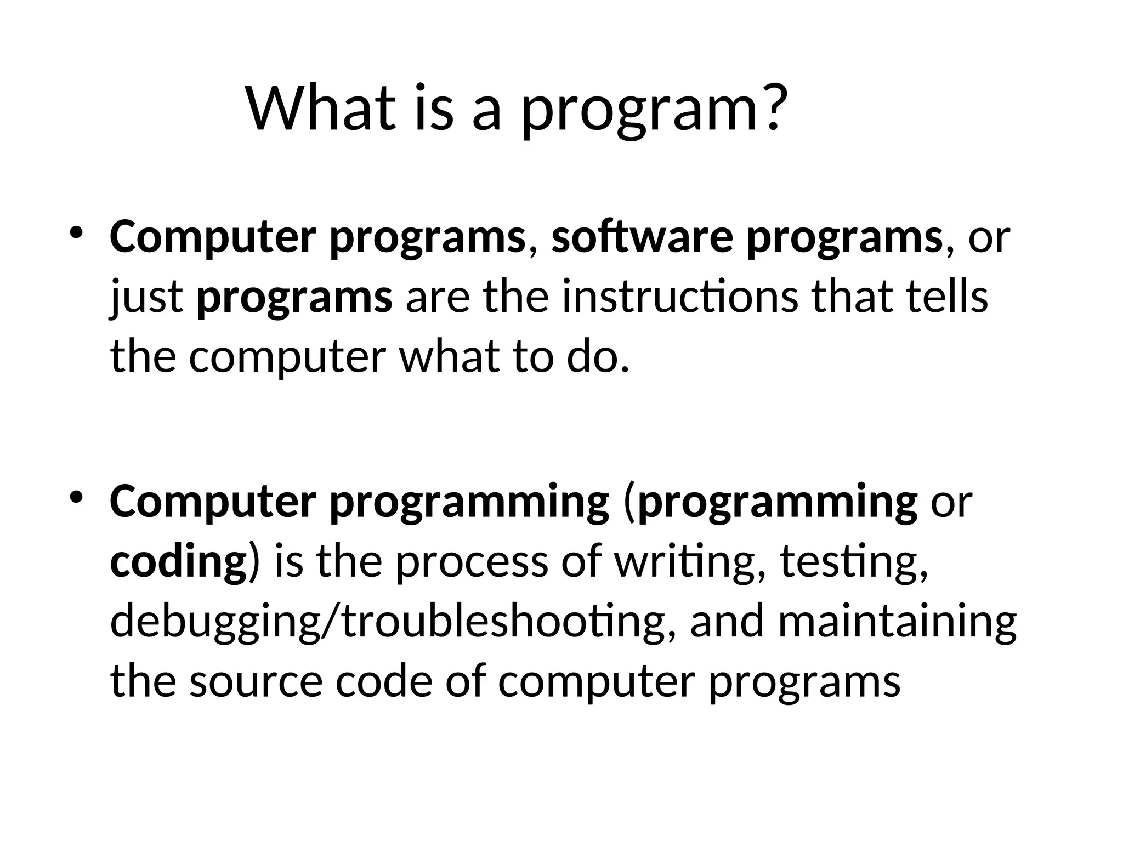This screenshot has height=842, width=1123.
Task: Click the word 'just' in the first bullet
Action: click(x=146, y=299)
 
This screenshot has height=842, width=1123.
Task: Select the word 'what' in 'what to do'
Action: click(x=450, y=357)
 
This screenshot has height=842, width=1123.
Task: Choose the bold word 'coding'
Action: click(x=178, y=562)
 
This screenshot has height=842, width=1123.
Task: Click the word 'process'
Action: click(x=472, y=562)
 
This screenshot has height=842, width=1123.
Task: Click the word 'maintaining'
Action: click(x=897, y=622)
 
